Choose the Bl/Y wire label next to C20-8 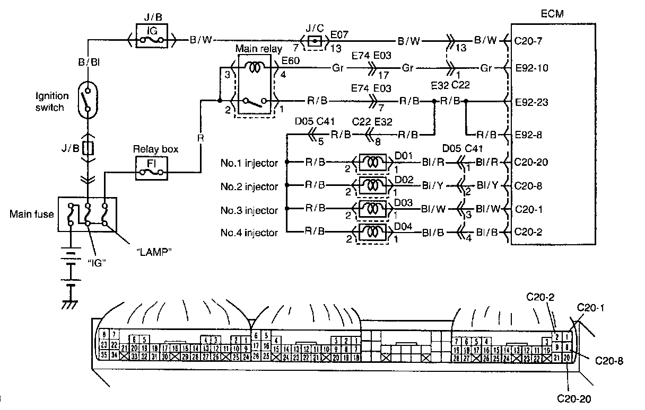[x=487, y=185]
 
